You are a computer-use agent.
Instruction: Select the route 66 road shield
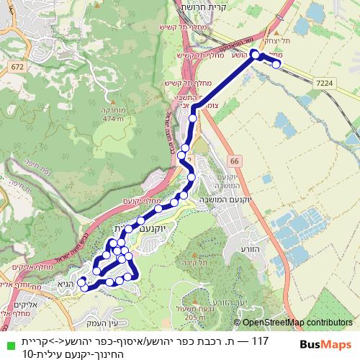pos(235,160)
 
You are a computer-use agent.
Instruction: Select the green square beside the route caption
pos(7,341)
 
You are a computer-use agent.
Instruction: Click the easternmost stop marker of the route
pos(276,65)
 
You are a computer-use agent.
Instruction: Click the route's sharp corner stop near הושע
pos(254,54)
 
